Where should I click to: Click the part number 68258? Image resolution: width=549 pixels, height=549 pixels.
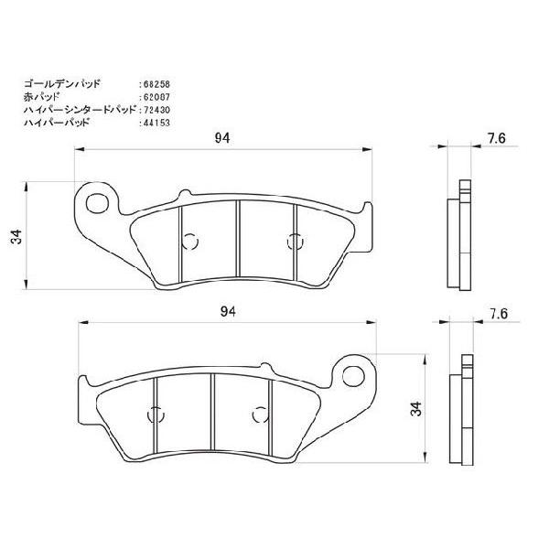coord(157,83)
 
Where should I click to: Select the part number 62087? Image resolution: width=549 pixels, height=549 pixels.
coord(157,96)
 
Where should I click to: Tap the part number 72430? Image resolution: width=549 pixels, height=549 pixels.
coord(157,109)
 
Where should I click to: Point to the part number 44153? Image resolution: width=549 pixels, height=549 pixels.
coord(157,122)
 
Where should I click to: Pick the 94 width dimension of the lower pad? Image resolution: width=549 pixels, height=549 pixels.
coord(228,312)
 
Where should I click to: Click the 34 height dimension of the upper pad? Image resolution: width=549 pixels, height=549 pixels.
coord(16,238)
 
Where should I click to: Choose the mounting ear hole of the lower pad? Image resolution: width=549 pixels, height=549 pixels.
coord(353,371)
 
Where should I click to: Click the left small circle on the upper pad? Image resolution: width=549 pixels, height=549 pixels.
coord(190,242)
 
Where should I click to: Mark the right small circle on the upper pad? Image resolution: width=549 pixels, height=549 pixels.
coord(295,242)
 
